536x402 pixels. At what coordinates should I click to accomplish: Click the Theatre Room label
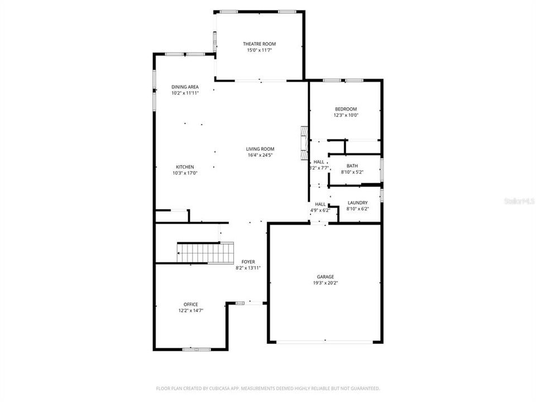pos(259,44)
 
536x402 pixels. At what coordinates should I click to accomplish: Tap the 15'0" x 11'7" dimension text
pos(259,50)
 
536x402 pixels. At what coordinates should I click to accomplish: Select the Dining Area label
pos(185,87)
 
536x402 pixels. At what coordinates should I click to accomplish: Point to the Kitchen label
pos(185,167)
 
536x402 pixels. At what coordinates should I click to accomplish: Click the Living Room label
pos(260,149)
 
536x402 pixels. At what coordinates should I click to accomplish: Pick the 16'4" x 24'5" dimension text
pos(260,155)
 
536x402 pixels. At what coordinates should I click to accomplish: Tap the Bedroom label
pos(346,109)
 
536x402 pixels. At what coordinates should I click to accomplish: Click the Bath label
pos(352,166)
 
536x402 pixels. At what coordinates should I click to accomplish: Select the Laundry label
pos(357,203)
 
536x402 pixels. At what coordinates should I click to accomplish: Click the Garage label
pos(326,276)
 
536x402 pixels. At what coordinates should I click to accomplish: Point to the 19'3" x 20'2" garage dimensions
pos(326,283)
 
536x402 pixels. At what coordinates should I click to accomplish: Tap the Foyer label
pos(248,261)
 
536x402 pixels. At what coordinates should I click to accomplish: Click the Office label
pos(190,304)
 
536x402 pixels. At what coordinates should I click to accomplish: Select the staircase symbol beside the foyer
pos(205,252)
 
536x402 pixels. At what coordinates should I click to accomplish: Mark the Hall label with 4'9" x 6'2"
pos(320,204)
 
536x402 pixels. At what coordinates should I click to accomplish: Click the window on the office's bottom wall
pos(197,349)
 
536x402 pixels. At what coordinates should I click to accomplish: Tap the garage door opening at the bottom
pos(326,341)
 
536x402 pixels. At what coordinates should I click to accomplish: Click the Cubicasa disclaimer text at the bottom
pos(268,388)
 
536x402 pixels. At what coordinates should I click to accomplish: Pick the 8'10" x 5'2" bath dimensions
pos(352,172)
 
